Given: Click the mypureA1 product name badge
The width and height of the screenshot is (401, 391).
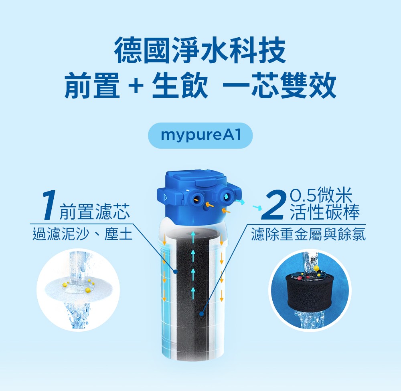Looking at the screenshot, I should click(x=200, y=135).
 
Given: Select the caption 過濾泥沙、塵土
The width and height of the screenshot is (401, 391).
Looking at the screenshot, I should click(x=82, y=234).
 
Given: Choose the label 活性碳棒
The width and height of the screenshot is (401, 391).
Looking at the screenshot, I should click(x=325, y=212).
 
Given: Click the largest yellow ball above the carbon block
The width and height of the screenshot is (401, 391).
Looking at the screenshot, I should click(x=316, y=268).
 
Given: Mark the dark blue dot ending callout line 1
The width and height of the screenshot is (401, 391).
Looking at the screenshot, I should click(x=175, y=271).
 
